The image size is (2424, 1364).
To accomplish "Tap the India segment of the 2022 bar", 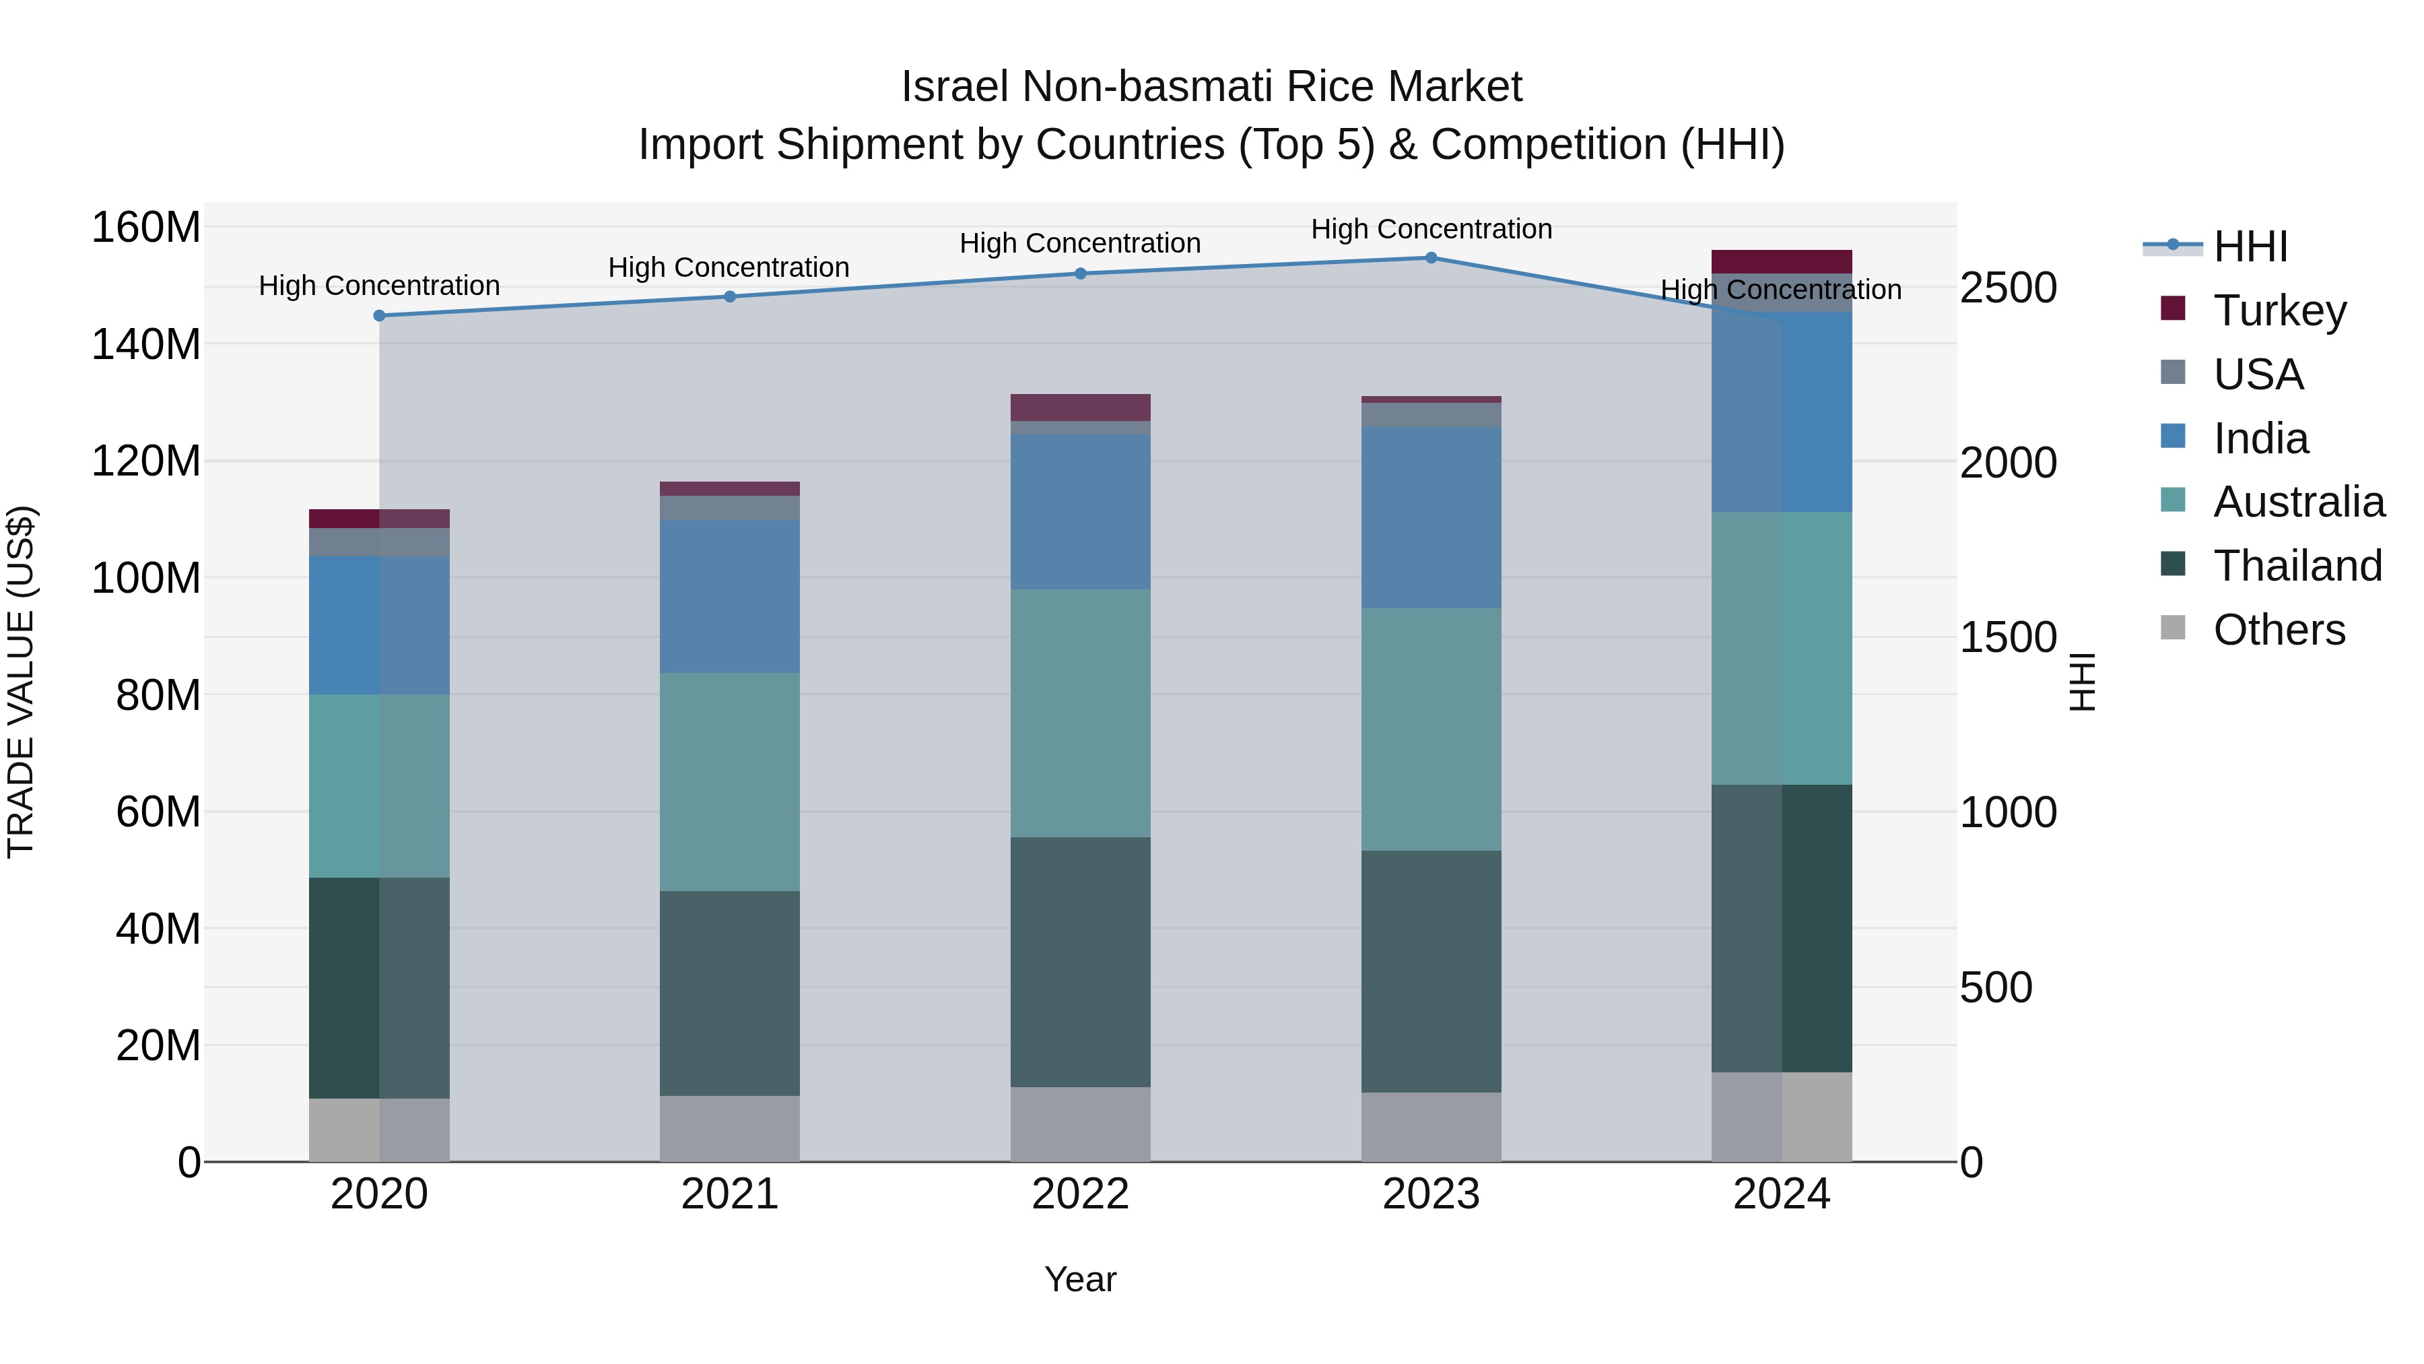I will click(1080, 512).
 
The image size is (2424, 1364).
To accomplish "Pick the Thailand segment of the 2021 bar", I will click(729, 993).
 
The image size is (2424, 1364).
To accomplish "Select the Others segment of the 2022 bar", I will click(1080, 1124).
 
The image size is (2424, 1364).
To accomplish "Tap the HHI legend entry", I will click(2249, 247).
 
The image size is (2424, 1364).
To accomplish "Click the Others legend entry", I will click(2278, 630).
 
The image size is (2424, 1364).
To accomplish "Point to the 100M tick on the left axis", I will click(146, 578).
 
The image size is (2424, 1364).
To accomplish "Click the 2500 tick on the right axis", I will click(2008, 288).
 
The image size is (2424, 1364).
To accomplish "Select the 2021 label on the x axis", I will click(729, 1194).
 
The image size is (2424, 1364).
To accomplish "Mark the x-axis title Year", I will click(1080, 1279).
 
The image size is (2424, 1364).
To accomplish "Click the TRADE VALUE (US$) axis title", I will click(21, 682).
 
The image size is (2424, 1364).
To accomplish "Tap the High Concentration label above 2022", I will click(1080, 244).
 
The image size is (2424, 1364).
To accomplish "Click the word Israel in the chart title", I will click(955, 87).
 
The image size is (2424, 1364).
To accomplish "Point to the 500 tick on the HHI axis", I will click(1996, 987).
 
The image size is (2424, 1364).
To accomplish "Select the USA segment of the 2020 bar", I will click(379, 542).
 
